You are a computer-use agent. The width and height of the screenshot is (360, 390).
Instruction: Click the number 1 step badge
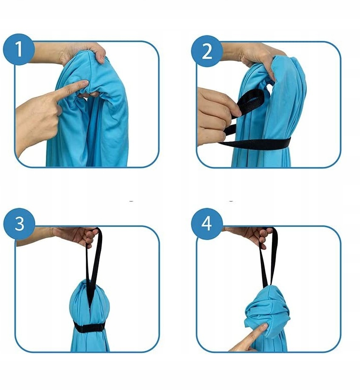19,49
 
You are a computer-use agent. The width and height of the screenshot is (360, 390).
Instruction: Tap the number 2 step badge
207,51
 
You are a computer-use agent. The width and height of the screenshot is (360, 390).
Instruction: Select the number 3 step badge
19,224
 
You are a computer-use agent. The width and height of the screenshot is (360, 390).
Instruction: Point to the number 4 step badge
207,224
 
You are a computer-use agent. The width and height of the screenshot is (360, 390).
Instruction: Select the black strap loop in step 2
250,102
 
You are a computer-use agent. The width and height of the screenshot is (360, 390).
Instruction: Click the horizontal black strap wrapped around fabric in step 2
256,144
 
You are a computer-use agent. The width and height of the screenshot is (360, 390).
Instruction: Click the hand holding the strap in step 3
74,236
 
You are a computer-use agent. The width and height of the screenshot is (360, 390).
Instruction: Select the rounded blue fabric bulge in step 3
89,301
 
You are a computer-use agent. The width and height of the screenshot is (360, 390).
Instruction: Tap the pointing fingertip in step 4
263,326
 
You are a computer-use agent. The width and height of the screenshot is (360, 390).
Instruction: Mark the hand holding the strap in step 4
249,236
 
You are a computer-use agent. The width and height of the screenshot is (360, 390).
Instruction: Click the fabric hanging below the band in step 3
90,341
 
